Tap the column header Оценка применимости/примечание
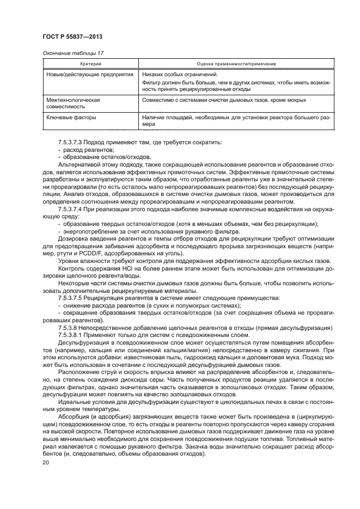tap(235, 64)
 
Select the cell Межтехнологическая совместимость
tap(69, 104)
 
